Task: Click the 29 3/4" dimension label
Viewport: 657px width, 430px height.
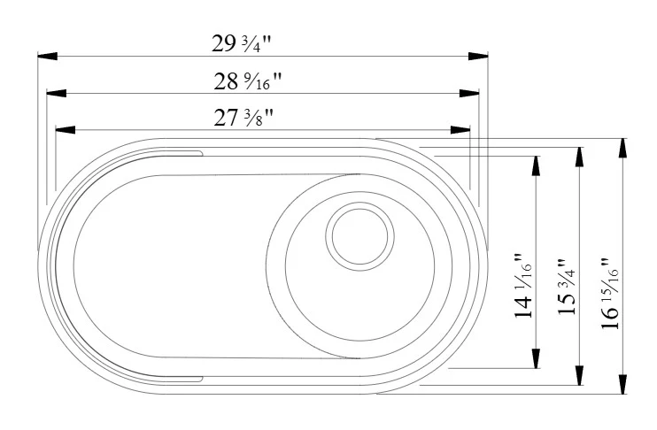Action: tap(242, 43)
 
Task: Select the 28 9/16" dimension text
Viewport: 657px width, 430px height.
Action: tap(248, 81)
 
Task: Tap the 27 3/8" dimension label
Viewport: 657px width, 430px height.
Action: tap(243, 118)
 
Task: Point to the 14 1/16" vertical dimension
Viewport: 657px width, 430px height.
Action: tap(523, 286)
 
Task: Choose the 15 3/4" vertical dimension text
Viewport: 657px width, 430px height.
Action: tap(567, 287)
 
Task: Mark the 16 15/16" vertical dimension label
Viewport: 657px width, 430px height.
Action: tap(610, 293)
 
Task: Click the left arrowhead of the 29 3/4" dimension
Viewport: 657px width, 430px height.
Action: tap(47, 56)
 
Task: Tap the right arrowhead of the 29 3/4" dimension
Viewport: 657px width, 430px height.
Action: tap(478, 56)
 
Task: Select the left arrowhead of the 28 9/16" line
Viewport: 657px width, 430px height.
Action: tap(56, 93)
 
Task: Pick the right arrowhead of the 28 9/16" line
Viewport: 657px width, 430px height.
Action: tap(469, 93)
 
